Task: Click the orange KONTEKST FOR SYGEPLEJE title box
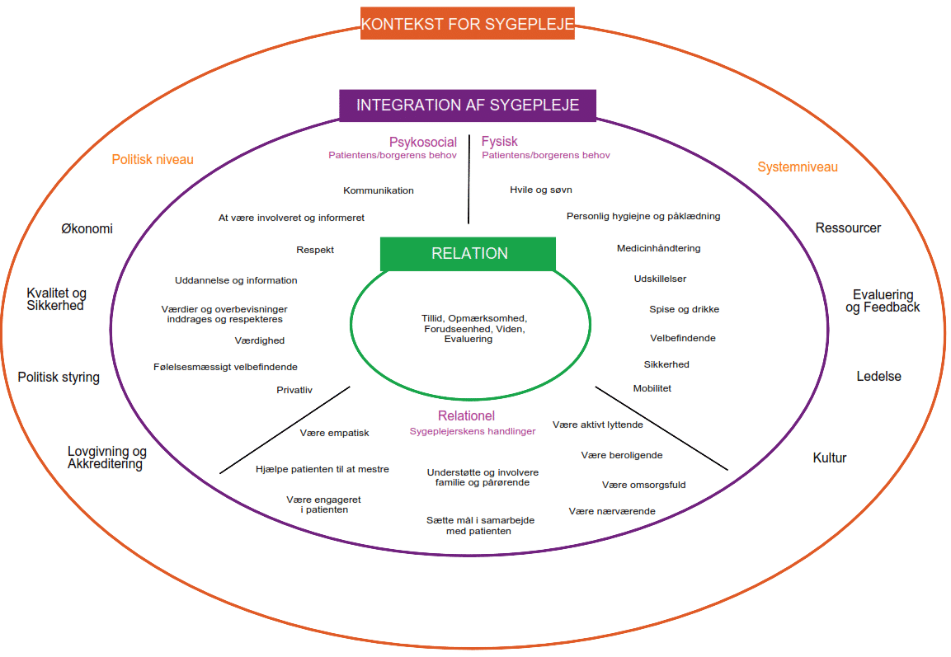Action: (467, 23)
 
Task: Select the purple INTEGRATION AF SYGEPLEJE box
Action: (467, 106)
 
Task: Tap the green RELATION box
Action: (468, 254)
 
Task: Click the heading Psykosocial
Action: (422, 143)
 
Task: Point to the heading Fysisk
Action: (499, 142)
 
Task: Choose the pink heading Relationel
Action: (466, 416)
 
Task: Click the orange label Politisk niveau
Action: (153, 159)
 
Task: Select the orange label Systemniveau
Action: (797, 167)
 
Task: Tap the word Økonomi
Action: (87, 229)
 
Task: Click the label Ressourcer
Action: (848, 228)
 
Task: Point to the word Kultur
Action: (829, 458)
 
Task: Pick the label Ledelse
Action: (878, 377)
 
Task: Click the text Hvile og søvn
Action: (540, 190)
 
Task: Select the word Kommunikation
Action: (379, 191)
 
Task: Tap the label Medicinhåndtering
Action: (658, 248)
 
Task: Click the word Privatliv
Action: (294, 391)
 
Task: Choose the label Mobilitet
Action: (652, 388)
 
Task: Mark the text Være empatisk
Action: (335, 434)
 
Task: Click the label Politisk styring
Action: (59, 378)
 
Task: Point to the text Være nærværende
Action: (612, 512)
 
